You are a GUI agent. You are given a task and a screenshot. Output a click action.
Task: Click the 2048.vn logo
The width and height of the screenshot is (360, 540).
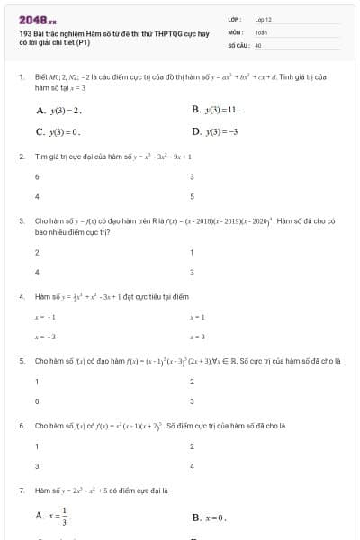click(37, 17)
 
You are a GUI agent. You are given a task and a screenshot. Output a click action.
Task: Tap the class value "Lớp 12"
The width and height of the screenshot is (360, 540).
click(263, 18)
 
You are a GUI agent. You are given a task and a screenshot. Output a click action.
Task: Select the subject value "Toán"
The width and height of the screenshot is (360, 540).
click(261, 31)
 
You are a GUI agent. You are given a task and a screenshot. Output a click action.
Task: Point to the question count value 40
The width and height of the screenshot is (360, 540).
click(258, 44)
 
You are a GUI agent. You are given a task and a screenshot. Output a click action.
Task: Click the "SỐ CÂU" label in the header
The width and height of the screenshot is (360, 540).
click(237, 44)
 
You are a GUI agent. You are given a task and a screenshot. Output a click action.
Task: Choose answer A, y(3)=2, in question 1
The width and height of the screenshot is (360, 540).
click(59, 110)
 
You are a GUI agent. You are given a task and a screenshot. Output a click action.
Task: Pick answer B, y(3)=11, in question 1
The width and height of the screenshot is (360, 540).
click(215, 109)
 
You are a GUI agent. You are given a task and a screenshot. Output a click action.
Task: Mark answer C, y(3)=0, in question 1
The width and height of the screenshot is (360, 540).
click(58, 131)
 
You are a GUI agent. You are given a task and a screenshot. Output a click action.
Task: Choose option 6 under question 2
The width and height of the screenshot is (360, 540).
click(37, 177)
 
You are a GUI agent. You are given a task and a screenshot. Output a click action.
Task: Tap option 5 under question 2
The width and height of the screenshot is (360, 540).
click(193, 196)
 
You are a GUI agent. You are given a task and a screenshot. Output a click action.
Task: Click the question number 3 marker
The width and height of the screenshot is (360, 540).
click(21, 220)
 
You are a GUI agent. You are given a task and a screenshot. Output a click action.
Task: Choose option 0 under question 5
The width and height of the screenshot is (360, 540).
click(37, 401)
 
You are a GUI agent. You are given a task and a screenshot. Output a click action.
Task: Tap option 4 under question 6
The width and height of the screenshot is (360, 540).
click(193, 466)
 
